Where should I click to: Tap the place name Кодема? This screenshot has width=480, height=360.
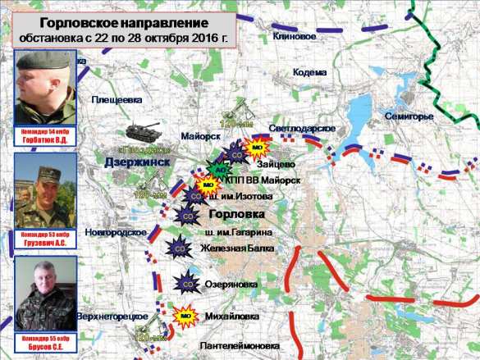coord(309,72)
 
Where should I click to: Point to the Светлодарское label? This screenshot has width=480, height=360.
coord(302,130)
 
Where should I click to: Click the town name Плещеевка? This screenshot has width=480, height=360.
coord(117,99)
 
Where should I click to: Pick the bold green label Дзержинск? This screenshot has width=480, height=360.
coord(137,162)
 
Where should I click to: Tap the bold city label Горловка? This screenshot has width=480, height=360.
coord(237,214)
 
